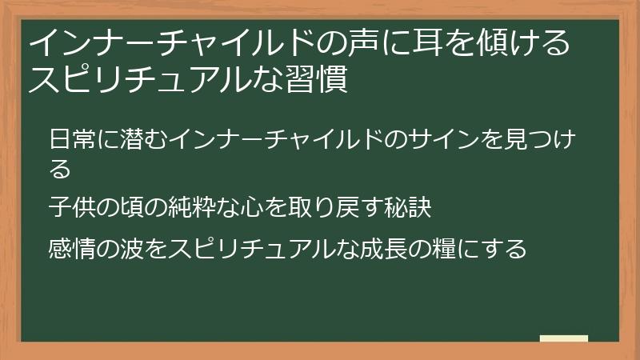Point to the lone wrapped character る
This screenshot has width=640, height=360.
coord(60,169)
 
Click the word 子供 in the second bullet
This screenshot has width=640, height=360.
coord(70,208)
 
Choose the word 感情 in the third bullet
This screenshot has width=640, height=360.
coord(70,248)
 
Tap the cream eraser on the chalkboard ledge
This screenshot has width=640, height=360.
coord(564,338)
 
